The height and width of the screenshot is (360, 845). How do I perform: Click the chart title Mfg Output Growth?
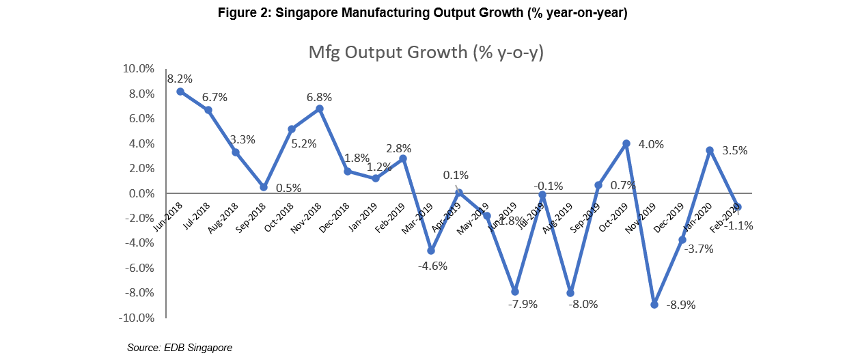tap(426, 53)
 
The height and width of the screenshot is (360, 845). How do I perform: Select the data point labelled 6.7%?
tap(208, 110)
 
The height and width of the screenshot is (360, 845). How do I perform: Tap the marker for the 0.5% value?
tap(264, 187)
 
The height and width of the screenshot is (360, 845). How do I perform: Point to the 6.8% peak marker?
tap(320, 109)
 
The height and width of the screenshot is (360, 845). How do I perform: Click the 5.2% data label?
tap(304, 144)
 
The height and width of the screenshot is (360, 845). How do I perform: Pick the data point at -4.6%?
tap(431, 251)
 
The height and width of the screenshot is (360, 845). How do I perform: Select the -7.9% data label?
tap(523, 305)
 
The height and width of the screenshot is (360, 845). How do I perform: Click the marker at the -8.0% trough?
tap(570, 293)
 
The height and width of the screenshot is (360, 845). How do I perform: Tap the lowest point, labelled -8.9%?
tap(654, 304)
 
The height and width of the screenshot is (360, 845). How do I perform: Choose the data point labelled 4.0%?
tap(626, 143)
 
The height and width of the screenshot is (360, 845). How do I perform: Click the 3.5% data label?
tap(734, 151)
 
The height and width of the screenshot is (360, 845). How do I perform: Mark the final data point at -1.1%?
tap(738, 207)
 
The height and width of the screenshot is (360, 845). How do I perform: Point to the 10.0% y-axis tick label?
tap(138, 69)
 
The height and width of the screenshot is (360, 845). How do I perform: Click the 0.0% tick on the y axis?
tap(141, 194)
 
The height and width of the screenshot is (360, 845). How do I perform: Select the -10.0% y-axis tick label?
tap(137, 318)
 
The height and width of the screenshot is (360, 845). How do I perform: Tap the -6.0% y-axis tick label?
tap(139, 268)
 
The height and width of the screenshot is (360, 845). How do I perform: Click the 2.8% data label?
tap(398, 148)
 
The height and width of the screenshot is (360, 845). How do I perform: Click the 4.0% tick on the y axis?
tap(141, 144)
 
